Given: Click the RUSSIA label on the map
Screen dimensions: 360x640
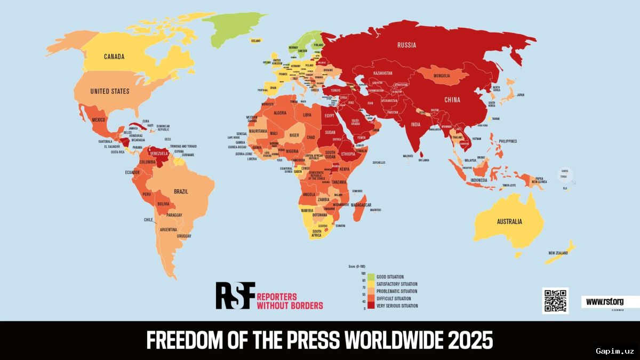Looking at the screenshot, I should pyautogui.click(x=406, y=45).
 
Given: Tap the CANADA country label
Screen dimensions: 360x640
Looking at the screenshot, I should pyautogui.click(x=114, y=57).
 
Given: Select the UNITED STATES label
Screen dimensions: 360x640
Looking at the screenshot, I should pyautogui.click(x=109, y=91).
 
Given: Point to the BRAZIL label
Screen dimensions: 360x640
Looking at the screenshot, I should pyautogui.click(x=181, y=191).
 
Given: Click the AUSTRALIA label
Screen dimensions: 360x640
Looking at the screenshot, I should pyautogui.click(x=509, y=221).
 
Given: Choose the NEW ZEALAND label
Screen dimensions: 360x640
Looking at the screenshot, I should pyautogui.click(x=558, y=253).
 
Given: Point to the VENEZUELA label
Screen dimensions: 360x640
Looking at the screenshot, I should pyautogui.click(x=159, y=154).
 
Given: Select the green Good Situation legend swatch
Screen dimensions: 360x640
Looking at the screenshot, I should pyautogui.click(x=371, y=277).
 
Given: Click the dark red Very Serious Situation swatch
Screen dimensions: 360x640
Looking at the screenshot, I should pyautogui.click(x=371, y=306).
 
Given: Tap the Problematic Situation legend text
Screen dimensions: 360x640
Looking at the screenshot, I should pyautogui.click(x=397, y=291).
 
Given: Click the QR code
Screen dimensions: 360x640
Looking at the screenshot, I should pyautogui.click(x=555, y=301).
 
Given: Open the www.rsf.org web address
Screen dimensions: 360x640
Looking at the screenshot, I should pyautogui.click(x=604, y=302).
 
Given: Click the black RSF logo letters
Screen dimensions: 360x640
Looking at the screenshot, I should pyautogui.click(x=235, y=295).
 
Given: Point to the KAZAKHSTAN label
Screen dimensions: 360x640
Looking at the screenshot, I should pyautogui.click(x=382, y=73).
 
